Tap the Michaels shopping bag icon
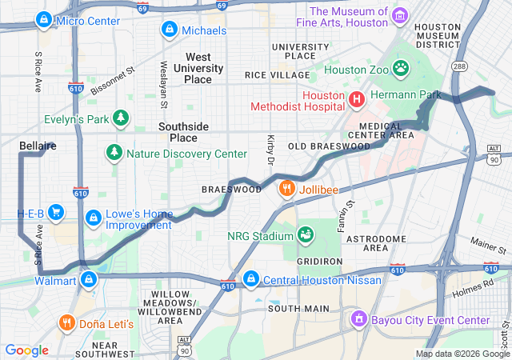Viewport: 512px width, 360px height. click(x=169, y=30)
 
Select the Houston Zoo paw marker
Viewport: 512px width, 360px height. click(x=400, y=69)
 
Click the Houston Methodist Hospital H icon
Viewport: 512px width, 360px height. click(x=356, y=99)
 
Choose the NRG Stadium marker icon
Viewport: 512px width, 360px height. click(x=305, y=234)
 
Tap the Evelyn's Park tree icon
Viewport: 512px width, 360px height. click(x=121, y=119)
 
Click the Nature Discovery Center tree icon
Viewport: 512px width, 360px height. click(x=114, y=153)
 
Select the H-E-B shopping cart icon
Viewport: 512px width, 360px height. click(x=56, y=213)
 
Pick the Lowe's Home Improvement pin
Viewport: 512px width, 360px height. click(x=94, y=217)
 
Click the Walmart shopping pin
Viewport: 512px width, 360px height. click(x=89, y=279)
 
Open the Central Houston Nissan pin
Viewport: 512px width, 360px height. click(x=250, y=278)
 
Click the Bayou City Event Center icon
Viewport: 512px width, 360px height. click(x=359, y=320)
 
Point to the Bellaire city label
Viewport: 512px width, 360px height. click(x=38, y=146)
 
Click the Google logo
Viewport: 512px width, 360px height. click(x=27, y=350)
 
